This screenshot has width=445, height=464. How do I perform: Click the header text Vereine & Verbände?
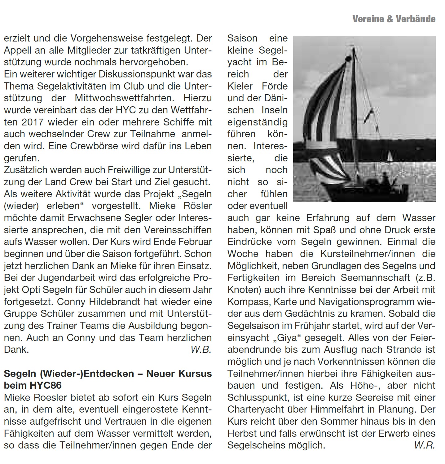point(394,19)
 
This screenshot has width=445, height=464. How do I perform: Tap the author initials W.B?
point(201,349)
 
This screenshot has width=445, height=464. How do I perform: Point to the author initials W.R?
point(425,445)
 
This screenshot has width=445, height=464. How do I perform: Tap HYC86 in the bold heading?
point(46,385)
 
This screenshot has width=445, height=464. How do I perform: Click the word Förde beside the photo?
point(275,86)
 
